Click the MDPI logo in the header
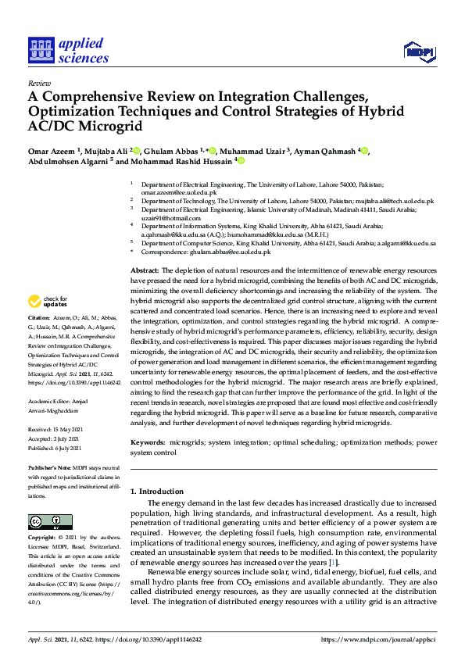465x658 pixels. point(420,52)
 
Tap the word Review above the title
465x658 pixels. point(39,82)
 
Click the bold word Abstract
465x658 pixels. point(145,269)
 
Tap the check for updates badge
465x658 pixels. point(48,302)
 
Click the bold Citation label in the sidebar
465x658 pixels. point(38,319)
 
